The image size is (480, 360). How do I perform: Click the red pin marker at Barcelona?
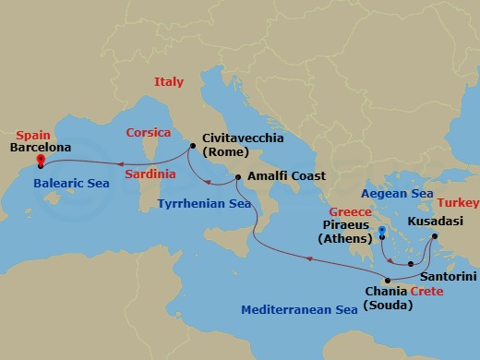click(41, 160)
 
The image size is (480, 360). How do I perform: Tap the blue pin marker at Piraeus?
click(381, 231)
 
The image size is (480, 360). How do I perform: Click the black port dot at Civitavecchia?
click(192, 146)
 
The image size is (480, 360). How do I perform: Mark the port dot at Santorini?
click(411, 265)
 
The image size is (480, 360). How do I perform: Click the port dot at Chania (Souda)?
click(388, 281)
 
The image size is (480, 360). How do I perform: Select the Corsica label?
click(149, 132)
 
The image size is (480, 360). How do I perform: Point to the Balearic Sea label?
click(70, 184)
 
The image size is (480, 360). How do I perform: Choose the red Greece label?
click(353, 210)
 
